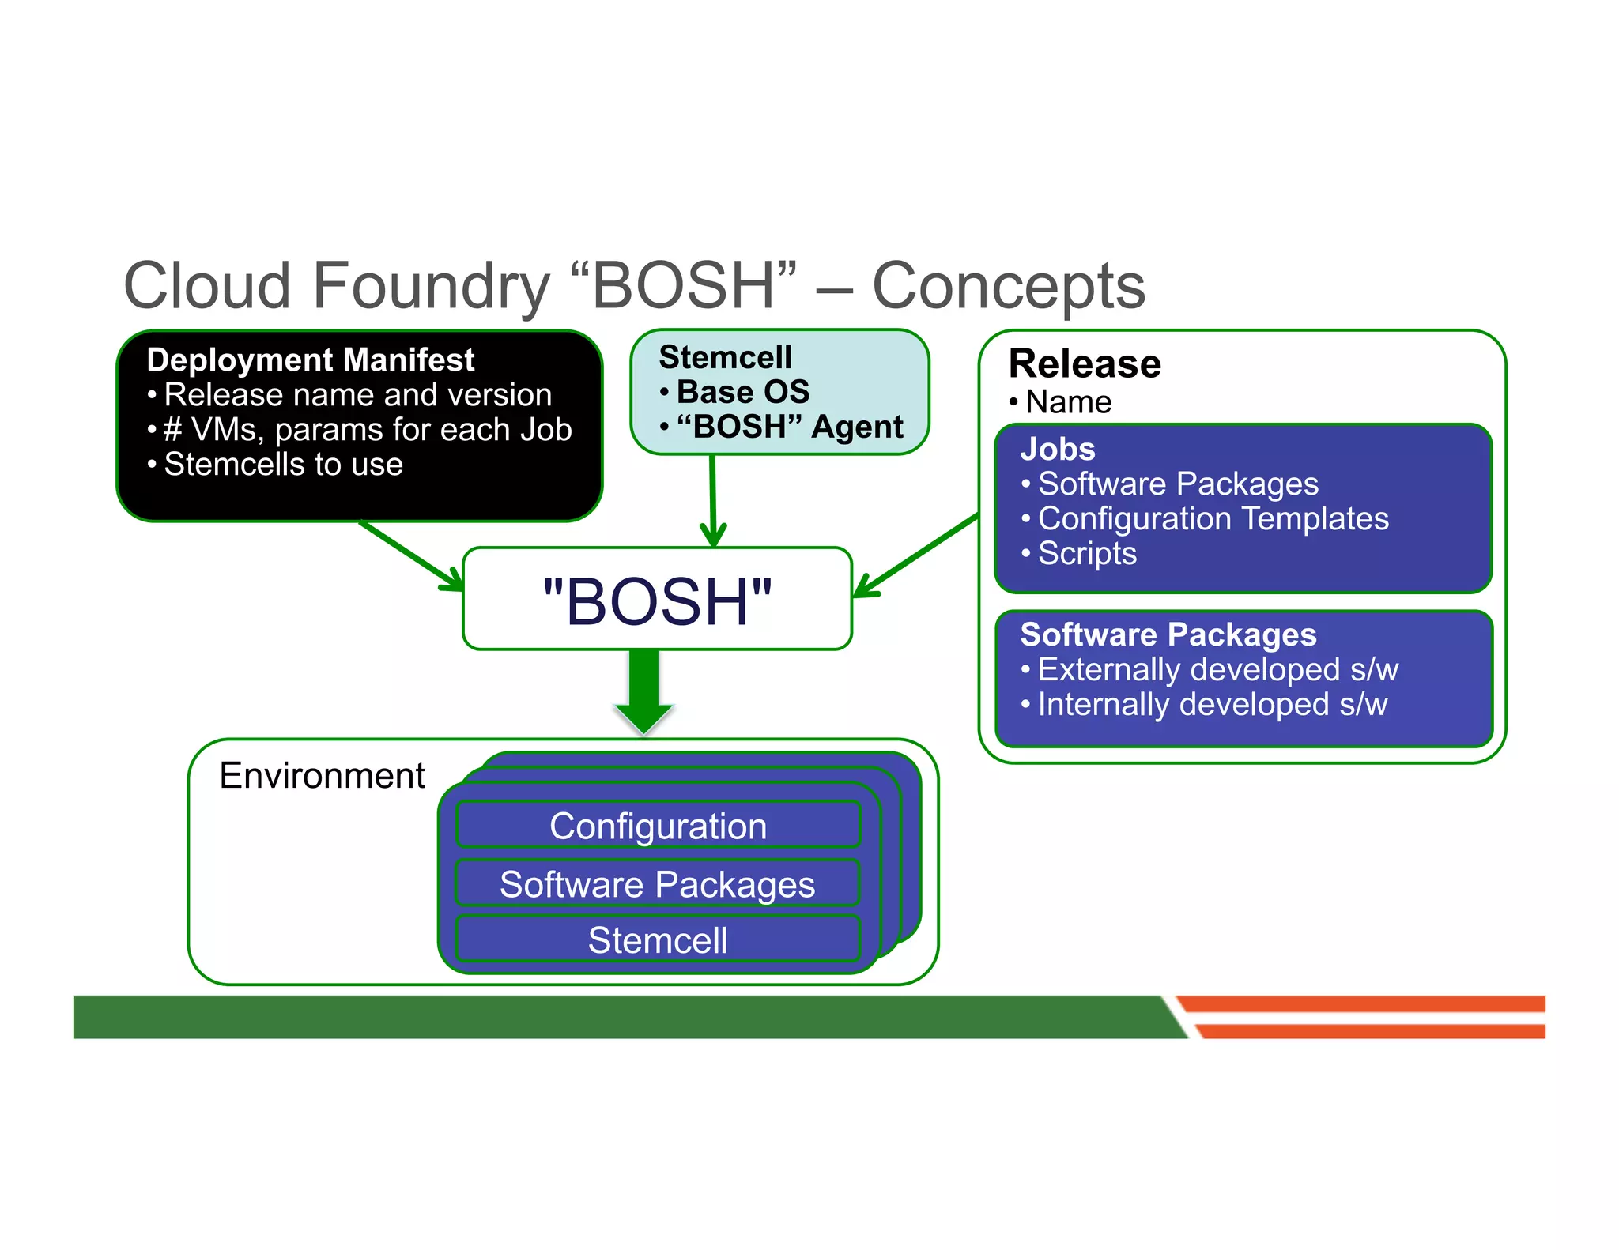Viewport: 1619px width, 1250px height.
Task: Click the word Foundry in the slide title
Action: tap(431, 286)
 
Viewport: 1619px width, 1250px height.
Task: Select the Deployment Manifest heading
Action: tap(310, 360)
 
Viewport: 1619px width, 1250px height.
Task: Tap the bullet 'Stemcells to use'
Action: tap(282, 465)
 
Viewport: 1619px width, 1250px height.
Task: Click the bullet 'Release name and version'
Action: tap(357, 395)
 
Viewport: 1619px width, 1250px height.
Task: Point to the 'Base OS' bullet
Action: tap(742, 392)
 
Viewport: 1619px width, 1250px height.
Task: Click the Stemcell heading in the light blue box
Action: tap(725, 357)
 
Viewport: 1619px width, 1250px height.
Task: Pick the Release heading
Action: tap(1085, 364)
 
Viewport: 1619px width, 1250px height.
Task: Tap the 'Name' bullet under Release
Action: tap(1068, 403)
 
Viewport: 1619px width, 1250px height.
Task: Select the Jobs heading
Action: tap(1058, 450)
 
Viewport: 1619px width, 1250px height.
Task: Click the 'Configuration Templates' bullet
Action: tap(1213, 519)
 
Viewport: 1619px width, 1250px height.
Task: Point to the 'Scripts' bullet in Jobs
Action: tap(1087, 554)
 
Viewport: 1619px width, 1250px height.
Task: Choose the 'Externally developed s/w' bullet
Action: tap(1217, 670)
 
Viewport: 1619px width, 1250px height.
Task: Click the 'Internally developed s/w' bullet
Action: tap(1212, 705)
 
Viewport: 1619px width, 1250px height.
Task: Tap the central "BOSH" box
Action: tap(657, 601)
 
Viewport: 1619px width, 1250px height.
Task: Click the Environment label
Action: tap(322, 776)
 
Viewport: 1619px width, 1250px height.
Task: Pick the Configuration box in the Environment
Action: tap(658, 826)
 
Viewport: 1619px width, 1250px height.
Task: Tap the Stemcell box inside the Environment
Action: tap(658, 940)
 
